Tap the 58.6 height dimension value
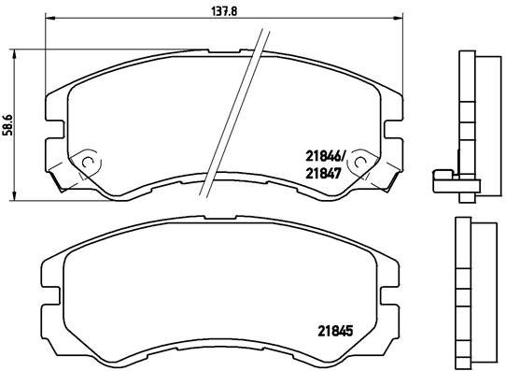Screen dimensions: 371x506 click(x=8, y=123)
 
